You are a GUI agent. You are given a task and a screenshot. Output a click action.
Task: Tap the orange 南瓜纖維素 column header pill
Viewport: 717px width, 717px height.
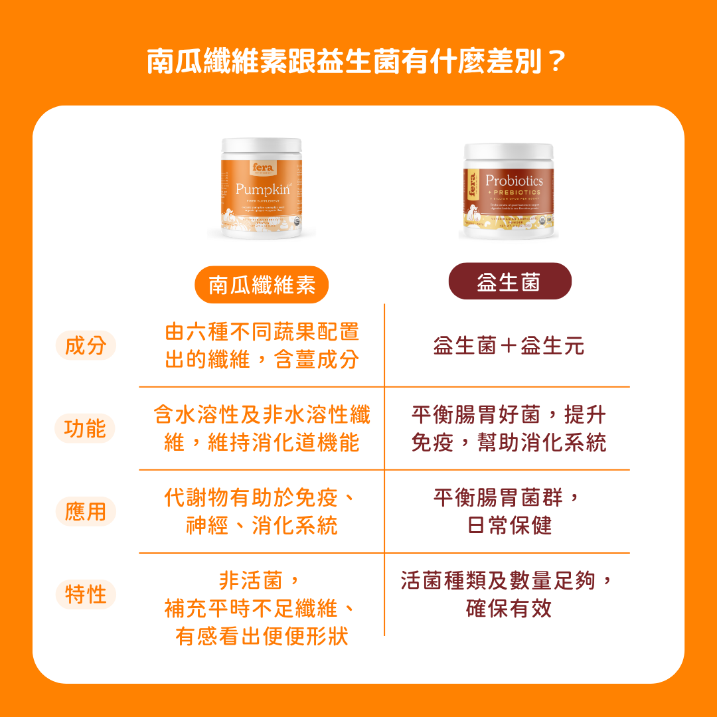pyautogui.click(x=262, y=285)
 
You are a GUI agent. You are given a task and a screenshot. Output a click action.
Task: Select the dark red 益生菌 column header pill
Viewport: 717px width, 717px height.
pyautogui.click(x=509, y=281)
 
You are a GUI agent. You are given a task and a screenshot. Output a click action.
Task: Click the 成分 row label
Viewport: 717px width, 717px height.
pyautogui.click(x=86, y=346)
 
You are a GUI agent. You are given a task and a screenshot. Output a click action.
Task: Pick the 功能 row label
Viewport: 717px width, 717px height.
pyautogui.click(x=85, y=429)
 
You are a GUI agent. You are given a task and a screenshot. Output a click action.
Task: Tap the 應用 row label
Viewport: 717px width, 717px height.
pyautogui.click(x=86, y=512)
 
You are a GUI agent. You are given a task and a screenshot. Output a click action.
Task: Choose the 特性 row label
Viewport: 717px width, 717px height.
pyautogui.click(x=86, y=594)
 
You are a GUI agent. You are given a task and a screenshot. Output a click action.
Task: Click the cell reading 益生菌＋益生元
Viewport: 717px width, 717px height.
pyautogui.click(x=509, y=346)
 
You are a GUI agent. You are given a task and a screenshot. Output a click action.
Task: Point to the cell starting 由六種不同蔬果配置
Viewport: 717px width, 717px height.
pyautogui.click(x=262, y=346)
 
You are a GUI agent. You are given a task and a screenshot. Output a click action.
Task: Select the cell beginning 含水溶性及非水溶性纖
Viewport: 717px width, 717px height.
pyautogui.click(x=262, y=429)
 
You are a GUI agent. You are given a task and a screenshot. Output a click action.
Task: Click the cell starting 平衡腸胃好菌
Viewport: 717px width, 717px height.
pyautogui.click(x=509, y=429)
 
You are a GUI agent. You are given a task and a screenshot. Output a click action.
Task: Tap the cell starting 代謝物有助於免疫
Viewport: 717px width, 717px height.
pyautogui.click(x=262, y=512)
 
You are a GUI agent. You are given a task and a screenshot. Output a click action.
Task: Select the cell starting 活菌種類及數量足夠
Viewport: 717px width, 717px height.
pyautogui.click(x=509, y=594)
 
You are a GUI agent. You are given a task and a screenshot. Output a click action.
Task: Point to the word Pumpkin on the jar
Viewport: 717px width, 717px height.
pyautogui.click(x=261, y=188)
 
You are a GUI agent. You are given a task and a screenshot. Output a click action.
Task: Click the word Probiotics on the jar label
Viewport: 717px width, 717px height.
pyautogui.click(x=514, y=181)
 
